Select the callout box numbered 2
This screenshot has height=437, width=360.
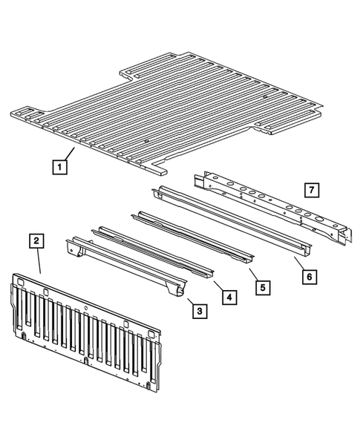coord(36,240)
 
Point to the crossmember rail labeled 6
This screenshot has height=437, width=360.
coord(230,219)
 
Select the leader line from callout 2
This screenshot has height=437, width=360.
coord(39,262)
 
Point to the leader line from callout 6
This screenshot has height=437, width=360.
coord(297,263)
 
